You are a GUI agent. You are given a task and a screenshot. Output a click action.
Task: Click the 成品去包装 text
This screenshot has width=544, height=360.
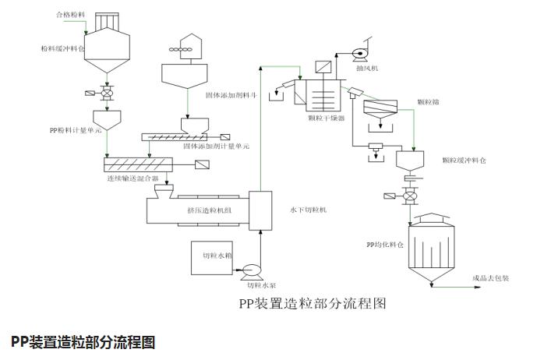point(490,278)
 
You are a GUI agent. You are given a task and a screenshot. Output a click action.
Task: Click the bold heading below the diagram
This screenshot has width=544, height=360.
point(83,341)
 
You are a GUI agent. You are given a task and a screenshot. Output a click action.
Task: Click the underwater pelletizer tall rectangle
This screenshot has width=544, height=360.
point(260,210)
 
